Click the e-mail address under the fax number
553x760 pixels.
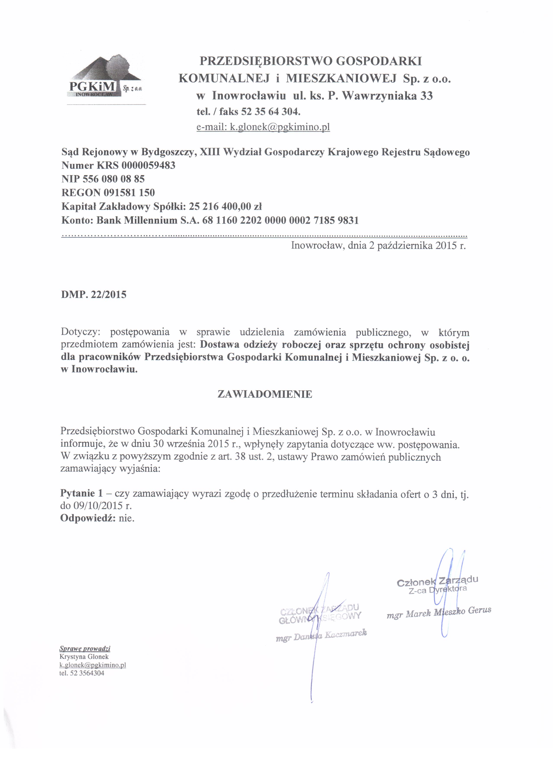(263, 127)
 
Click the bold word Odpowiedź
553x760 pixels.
(88, 518)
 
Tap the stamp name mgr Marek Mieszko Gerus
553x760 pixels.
(439, 612)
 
